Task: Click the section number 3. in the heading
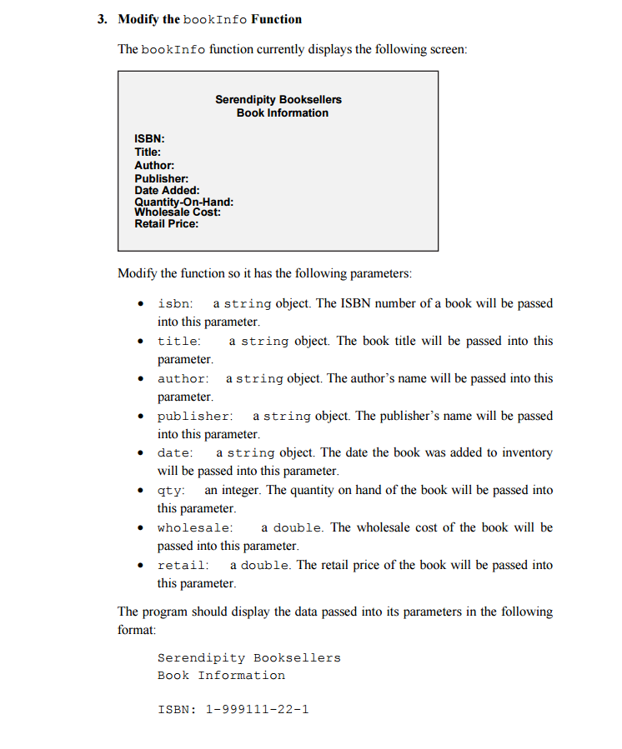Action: click(x=103, y=19)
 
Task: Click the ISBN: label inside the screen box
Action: click(x=149, y=138)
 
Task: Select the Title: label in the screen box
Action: click(x=148, y=152)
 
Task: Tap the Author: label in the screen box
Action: click(x=154, y=165)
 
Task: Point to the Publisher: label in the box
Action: click(x=162, y=178)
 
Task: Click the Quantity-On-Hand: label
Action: click(x=183, y=202)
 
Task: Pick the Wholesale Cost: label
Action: click(x=178, y=212)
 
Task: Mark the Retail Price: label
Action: click(x=167, y=224)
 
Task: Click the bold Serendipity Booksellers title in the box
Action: click(x=278, y=99)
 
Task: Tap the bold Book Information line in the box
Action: click(x=283, y=112)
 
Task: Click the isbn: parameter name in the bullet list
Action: click(x=176, y=304)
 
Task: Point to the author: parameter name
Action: click(x=183, y=379)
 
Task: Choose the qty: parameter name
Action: click(x=172, y=491)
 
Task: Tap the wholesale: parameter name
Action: click(x=195, y=528)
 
